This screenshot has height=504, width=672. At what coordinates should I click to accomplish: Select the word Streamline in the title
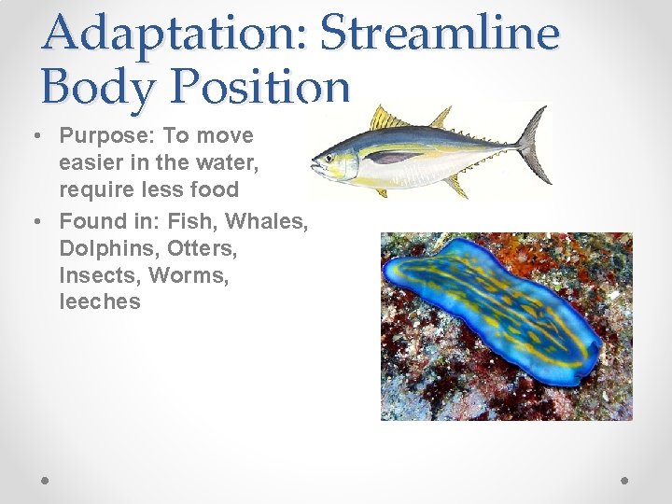(x=439, y=33)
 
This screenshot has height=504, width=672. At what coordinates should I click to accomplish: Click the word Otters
(x=203, y=249)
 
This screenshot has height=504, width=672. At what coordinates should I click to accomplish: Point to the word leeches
(x=99, y=301)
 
